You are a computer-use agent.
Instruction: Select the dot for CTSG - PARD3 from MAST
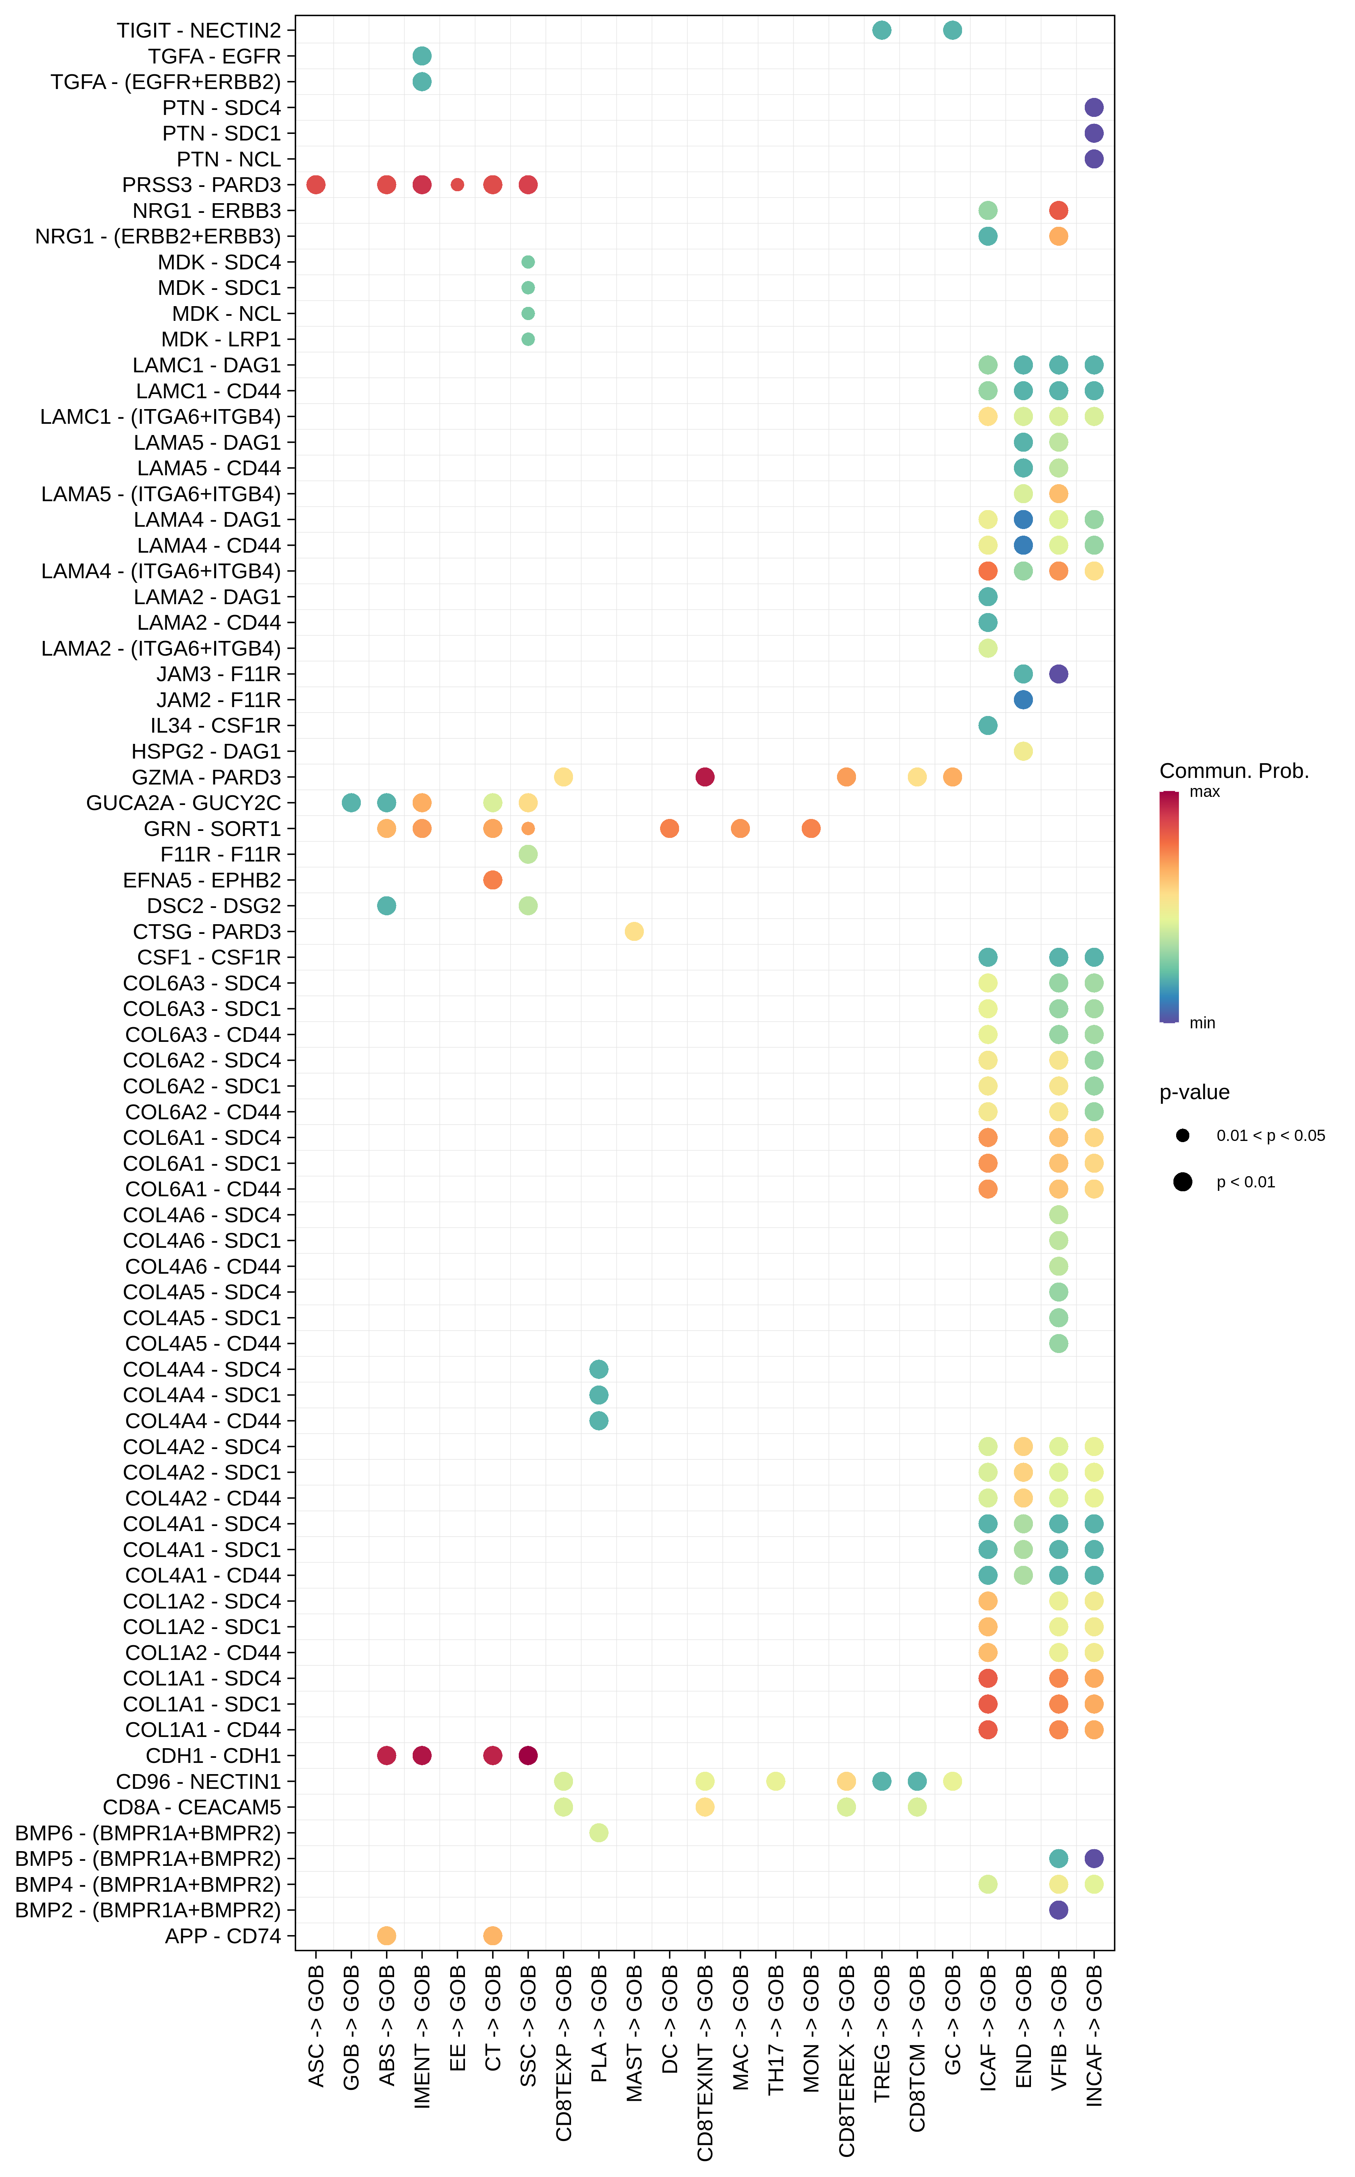click(x=634, y=932)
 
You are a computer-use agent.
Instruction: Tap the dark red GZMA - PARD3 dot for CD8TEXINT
click(x=704, y=777)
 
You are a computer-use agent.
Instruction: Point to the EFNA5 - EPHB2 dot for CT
click(x=492, y=880)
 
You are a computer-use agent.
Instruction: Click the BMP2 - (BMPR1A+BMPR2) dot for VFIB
click(x=1058, y=1910)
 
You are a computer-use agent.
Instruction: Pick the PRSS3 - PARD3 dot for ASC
click(x=316, y=185)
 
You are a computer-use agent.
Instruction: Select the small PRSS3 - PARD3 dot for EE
click(x=457, y=185)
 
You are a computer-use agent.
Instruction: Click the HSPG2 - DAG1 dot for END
click(x=1022, y=751)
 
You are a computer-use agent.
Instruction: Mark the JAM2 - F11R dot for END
click(x=1022, y=700)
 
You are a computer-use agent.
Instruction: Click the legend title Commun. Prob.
click(x=1234, y=771)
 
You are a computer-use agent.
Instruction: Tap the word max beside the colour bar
click(x=1204, y=792)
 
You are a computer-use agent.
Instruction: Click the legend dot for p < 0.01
click(x=1183, y=1182)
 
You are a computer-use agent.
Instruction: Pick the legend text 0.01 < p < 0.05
click(x=1270, y=1136)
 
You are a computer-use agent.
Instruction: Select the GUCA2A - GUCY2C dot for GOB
click(x=351, y=803)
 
